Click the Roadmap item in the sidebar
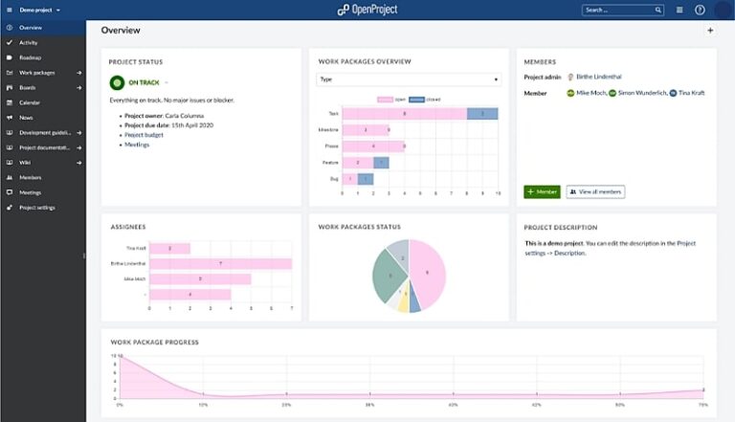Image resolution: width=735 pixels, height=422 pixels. (x=30, y=57)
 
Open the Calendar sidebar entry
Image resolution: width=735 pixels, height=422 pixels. (x=30, y=102)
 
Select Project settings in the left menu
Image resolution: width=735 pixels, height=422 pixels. (x=36, y=207)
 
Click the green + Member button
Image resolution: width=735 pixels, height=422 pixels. (x=542, y=191)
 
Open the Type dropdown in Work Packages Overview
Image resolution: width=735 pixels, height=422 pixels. (x=408, y=79)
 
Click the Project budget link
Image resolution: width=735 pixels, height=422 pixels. (x=144, y=134)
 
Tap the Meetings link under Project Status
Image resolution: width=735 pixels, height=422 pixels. (x=137, y=144)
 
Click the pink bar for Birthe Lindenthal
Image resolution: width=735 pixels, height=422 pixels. (x=220, y=263)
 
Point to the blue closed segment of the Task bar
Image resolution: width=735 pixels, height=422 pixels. (x=482, y=113)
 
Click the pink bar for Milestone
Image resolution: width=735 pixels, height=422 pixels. (x=366, y=130)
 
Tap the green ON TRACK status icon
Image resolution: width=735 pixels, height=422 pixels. (x=118, y=83)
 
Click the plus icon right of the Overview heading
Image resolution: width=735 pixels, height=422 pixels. (x=709, y=31)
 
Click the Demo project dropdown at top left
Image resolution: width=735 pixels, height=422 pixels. (x=38, y=10)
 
